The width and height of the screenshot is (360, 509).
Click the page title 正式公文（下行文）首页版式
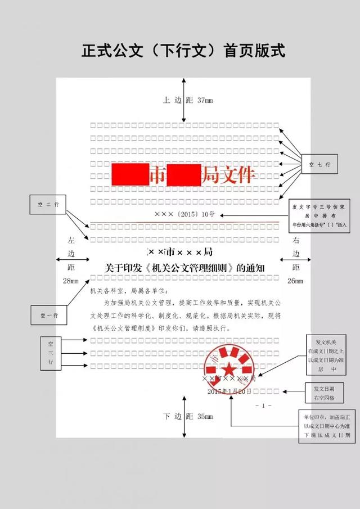pyautogui.click(x=183, y=51)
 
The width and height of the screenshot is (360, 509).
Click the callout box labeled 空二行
pyautogui.click(x=48, y=204)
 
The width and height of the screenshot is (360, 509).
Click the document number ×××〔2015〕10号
pyautogui.click(x=184, y=214)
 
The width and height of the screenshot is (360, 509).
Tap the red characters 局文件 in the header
pyautogui.click(x=227, y=174)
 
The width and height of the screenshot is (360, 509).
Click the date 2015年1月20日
pyautogui.click(x=229, y=391)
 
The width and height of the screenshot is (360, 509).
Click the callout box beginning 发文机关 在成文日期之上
pyautogui.click(x=326, y=356)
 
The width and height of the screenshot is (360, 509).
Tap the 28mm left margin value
pyautogui.click(x=71, y=281)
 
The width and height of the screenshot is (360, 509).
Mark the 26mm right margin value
pyautogui.click(x=295, y=281)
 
